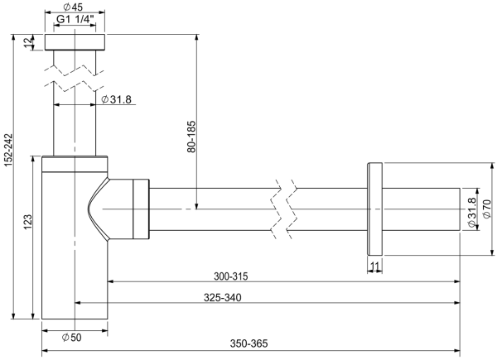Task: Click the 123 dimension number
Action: click(28, 222)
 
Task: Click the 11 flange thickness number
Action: click(374, 266)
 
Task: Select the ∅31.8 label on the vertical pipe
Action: click(116, 100)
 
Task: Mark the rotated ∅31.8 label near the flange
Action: click(471, 212)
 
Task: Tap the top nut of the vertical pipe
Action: click(76, 43)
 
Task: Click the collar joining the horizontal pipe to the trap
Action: click(138, 209)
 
